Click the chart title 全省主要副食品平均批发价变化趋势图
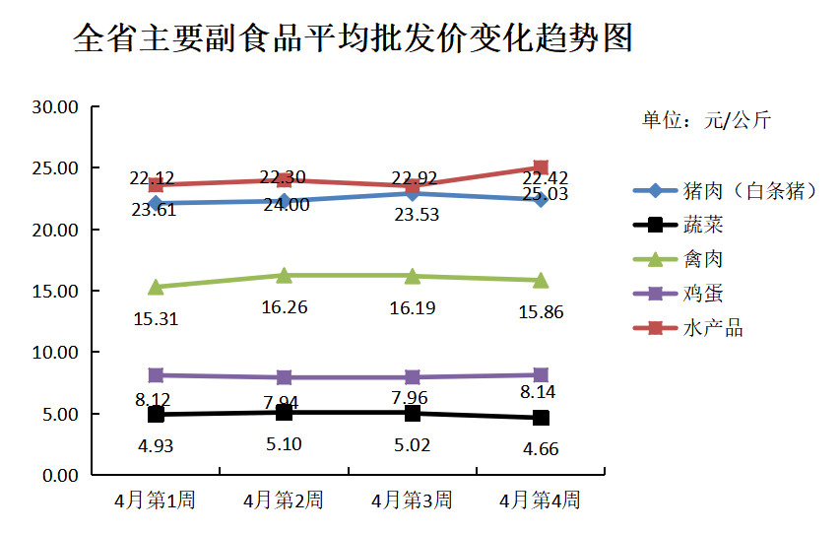(x=353, y=40)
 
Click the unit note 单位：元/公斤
(x=706, y=121)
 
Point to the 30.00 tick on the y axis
(x=55, y=107)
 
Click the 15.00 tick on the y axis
(x=55, y=291)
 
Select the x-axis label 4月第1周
(x=156, y=500)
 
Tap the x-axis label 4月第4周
(x=540, y=500)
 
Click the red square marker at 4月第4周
(x=541, y=167)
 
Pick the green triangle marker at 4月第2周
(x=284, y=275)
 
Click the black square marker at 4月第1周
(x=156, y=415)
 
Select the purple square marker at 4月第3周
(x=412, y=377)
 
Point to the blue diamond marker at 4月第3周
(x=412, y=193)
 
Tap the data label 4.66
(x=540, y=449)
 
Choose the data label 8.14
(x=540, y=393)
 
